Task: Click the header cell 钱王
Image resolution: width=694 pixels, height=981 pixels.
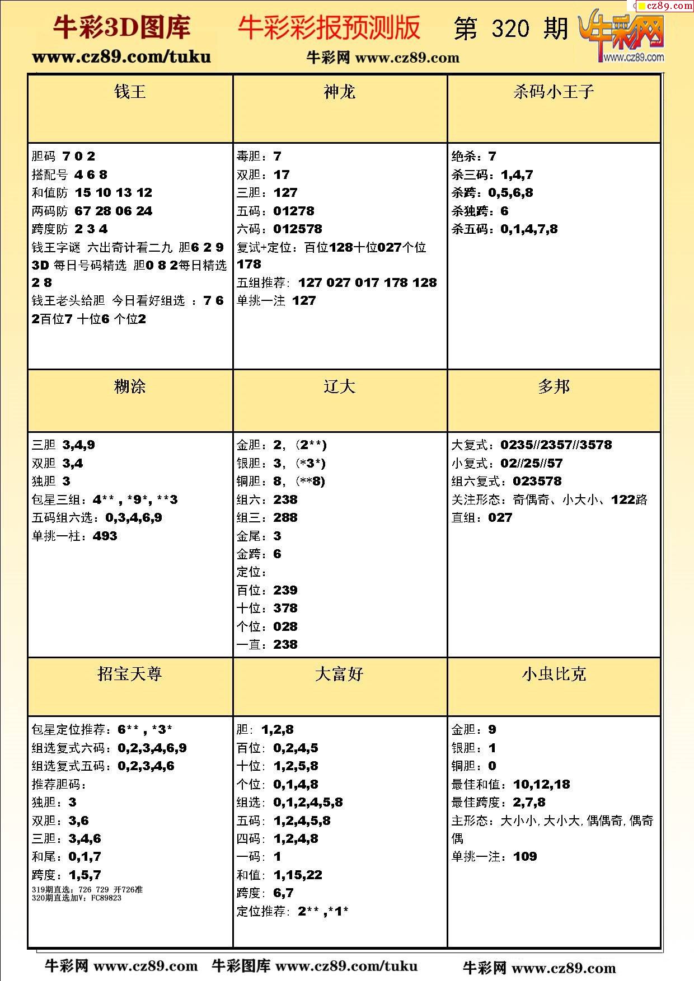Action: (x=130, y=92)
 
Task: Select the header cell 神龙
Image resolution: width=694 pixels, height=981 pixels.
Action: (x=339, y=92)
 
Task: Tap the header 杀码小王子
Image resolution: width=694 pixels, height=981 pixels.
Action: (x=554, y=92)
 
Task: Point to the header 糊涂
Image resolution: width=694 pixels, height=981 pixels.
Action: (x=130, y=386)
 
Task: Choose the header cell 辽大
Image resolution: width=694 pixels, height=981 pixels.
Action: (x=339, y=386)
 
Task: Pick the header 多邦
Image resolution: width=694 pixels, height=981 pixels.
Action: (x=554, y=386)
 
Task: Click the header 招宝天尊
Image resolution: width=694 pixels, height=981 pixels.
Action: (x=130, y=674)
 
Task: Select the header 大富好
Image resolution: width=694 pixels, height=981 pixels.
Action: (x=339, y=674)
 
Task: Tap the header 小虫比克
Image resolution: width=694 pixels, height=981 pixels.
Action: (x=554, y=674)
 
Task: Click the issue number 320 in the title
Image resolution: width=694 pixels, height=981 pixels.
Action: (x=510, y=29)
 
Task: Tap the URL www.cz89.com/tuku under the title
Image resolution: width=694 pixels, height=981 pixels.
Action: (x=121, y=57)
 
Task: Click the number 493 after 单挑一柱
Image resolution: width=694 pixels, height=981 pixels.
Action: (x=105, y=536)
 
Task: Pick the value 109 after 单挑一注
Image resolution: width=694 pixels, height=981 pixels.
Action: (x=525, y=856)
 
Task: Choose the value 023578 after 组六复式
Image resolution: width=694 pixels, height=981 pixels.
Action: (x=537, y=481)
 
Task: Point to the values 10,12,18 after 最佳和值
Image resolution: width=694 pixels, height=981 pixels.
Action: (x=541, y=784)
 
